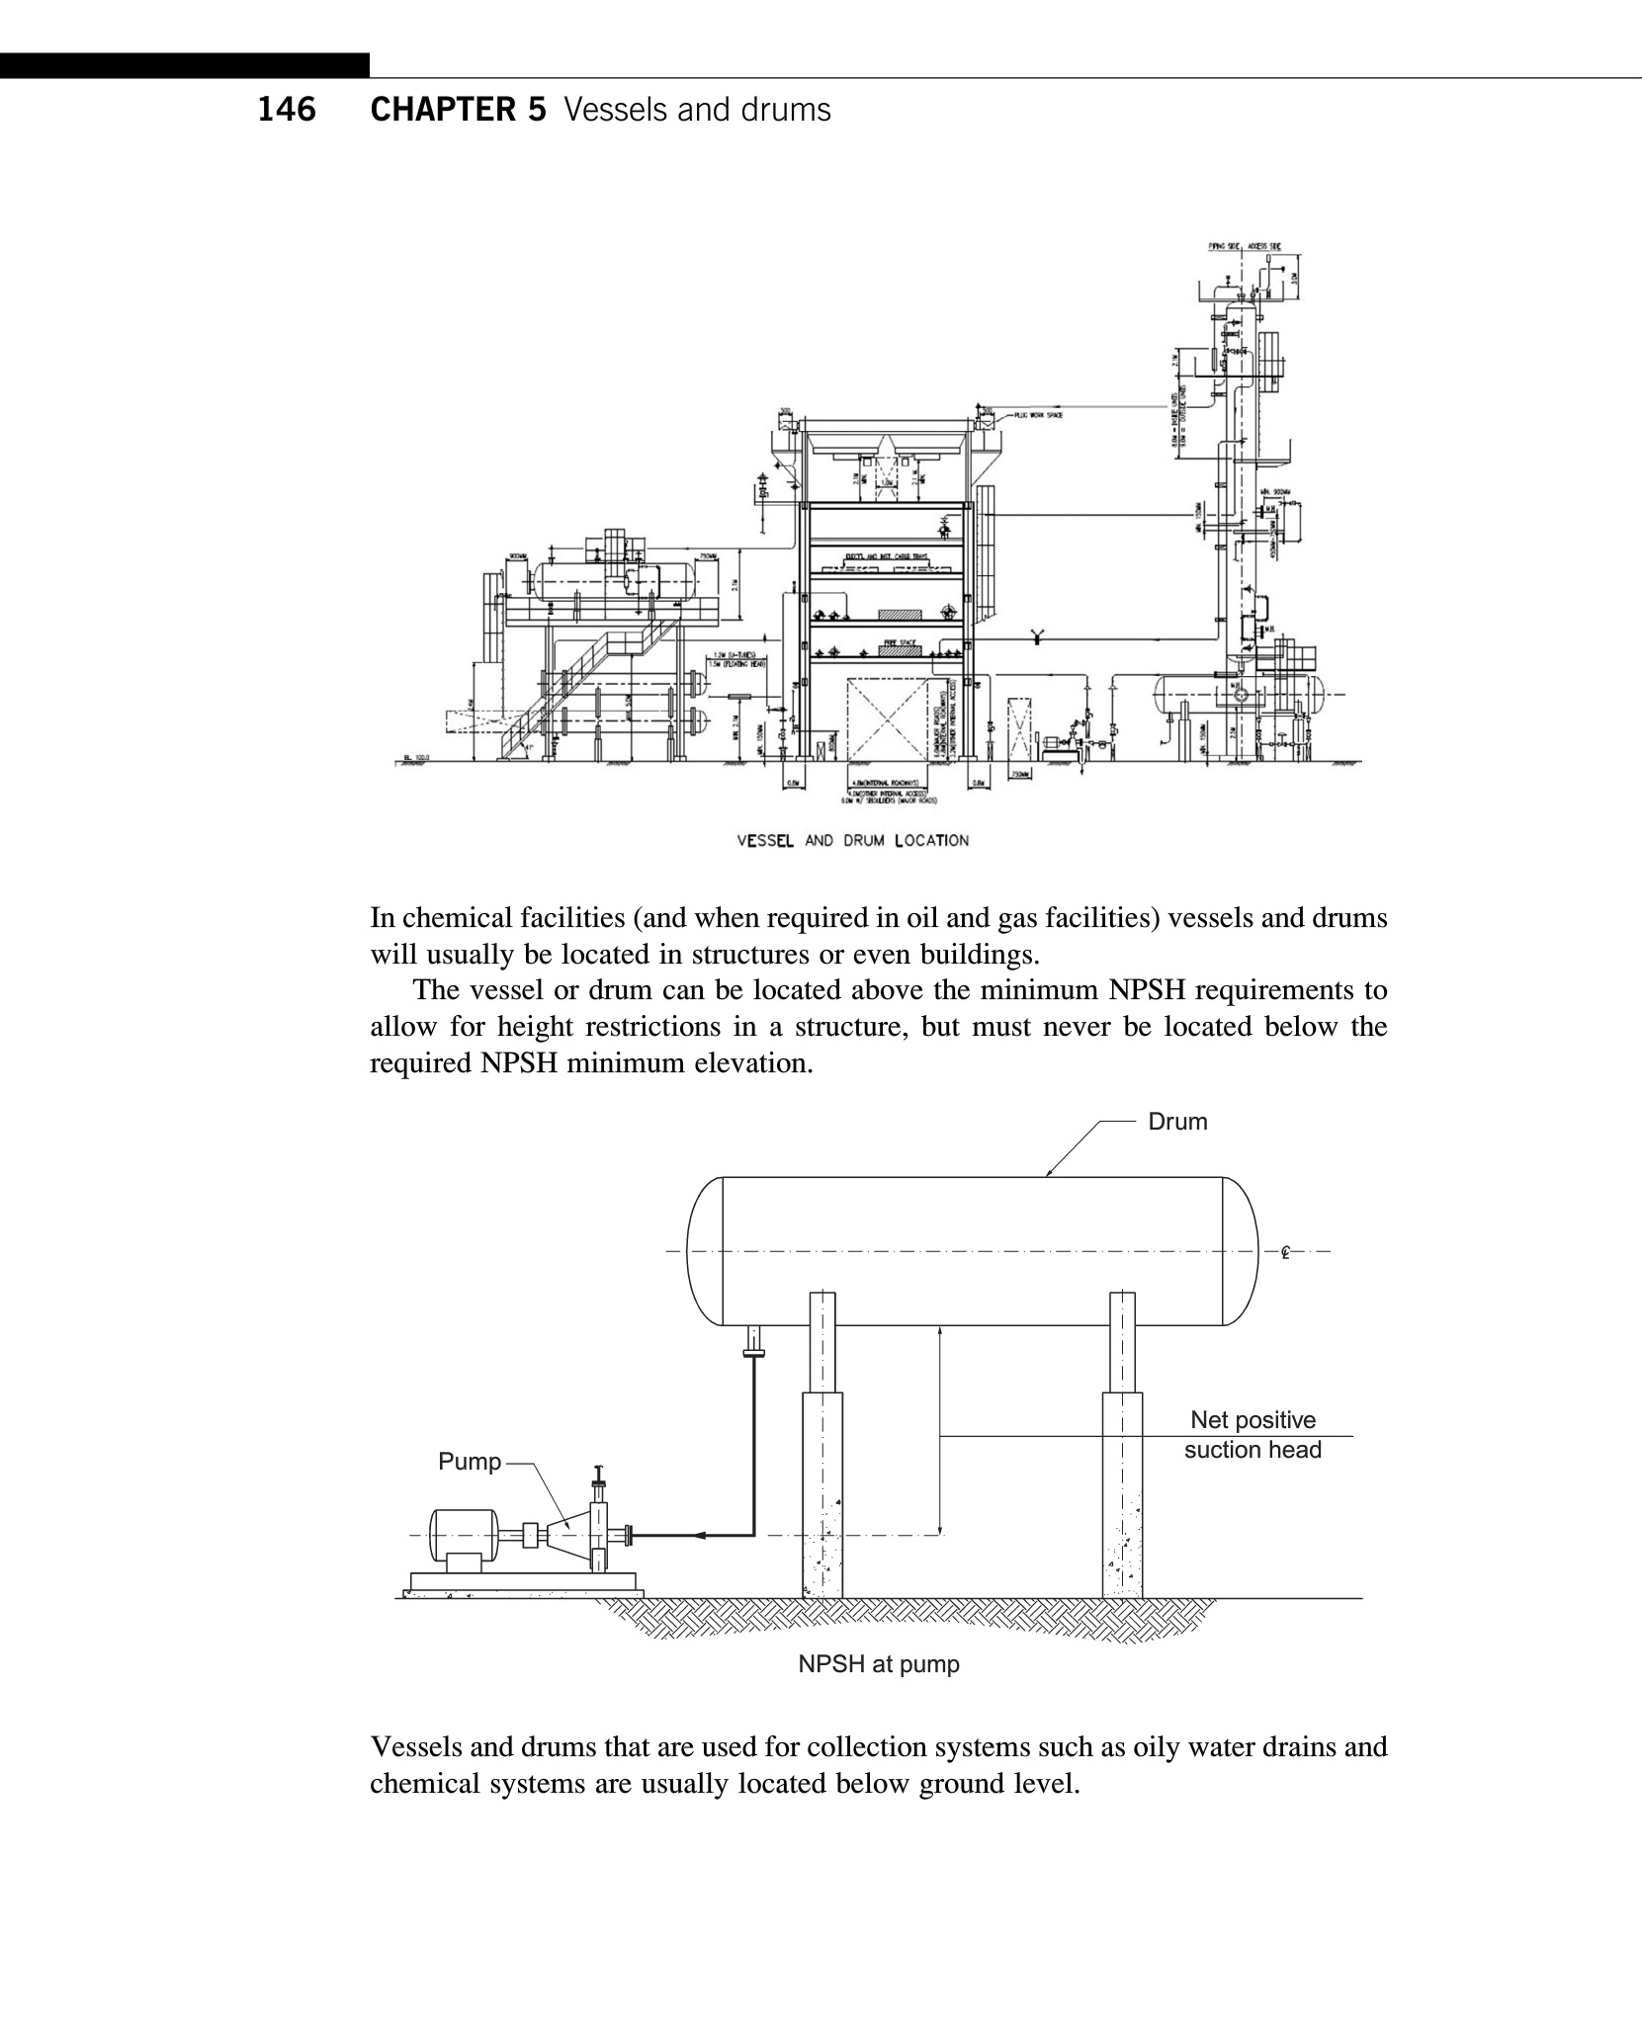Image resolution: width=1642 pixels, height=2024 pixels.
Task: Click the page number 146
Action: click(287, 109)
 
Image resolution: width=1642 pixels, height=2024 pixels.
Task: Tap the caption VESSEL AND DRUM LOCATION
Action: click(853, 841)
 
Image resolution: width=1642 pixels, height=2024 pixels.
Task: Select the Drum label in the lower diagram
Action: click(1176, 1122)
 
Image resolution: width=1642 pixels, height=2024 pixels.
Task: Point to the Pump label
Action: click(470, 1462)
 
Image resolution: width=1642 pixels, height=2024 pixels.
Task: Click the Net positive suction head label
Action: click(1253, 1435)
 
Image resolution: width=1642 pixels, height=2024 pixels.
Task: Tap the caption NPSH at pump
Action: click(879, 1664)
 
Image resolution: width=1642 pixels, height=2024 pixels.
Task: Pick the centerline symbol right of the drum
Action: click(1285, 1252)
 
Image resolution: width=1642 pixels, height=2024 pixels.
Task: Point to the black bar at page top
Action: click(184, 66)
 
